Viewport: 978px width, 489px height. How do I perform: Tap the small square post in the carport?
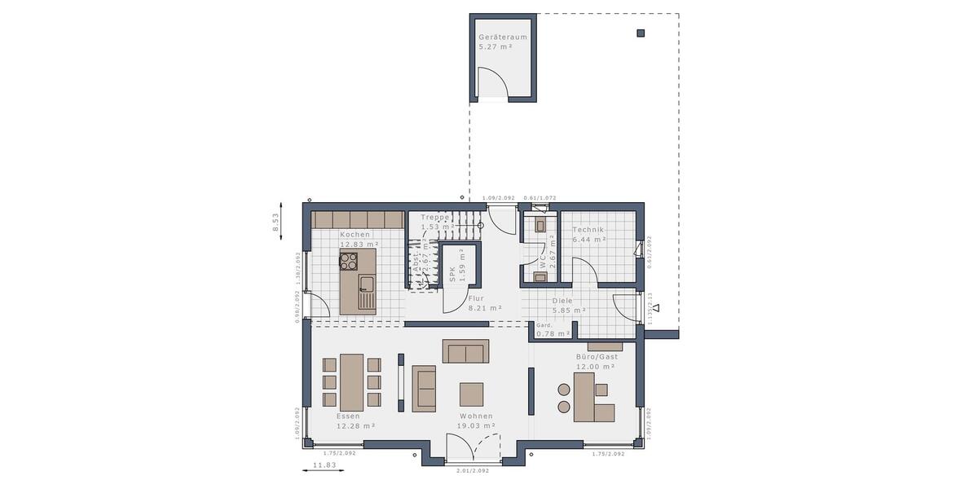[x=641, y=33]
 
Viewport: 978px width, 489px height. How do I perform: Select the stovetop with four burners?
[x=349, y=261]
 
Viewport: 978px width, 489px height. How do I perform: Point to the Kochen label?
[x=355, y=235]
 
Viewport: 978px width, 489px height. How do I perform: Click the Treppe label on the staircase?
[x=435, y=218]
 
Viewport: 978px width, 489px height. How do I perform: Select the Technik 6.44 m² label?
[x=588, y=231]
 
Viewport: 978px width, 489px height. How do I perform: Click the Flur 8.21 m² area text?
[x=484, y=308]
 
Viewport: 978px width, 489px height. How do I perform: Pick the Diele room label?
[x=584, y=301]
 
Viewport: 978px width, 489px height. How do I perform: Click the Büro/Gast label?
[x=597, y=357]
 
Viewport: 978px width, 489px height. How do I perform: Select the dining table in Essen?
[x=352, y=382]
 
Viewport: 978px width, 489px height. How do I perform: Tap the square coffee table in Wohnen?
[x=471, y=394]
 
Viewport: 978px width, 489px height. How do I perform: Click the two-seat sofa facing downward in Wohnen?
[x=465, y=351]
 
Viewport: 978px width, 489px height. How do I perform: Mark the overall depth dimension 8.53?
[x=275, y=222]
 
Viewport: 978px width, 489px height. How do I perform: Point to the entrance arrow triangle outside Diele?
[x=656, y=309]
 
